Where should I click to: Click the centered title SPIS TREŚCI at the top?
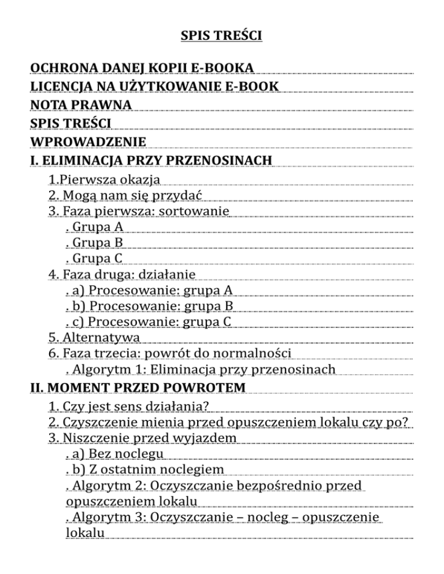(x=222, y=36)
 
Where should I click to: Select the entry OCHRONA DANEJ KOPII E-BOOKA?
(x=142, y=69)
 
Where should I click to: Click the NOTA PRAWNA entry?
(x=81, y=105)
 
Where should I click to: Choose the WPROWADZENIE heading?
(x=88, y=141)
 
